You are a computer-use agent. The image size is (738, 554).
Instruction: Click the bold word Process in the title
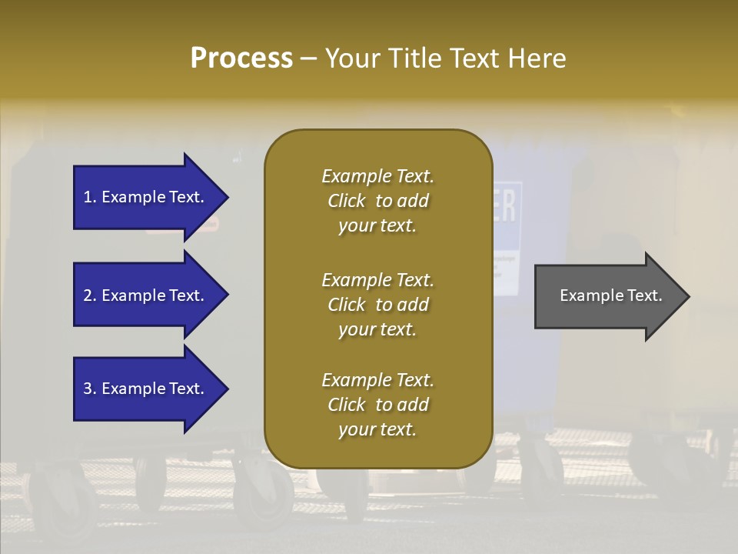241,58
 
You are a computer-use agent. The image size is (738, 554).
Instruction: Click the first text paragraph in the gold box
377,201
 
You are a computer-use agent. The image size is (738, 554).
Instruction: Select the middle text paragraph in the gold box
377,305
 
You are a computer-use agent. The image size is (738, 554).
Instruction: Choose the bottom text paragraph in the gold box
377,405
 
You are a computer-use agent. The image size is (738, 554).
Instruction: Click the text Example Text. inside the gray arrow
611,295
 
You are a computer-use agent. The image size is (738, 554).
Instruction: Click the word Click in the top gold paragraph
346,201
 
